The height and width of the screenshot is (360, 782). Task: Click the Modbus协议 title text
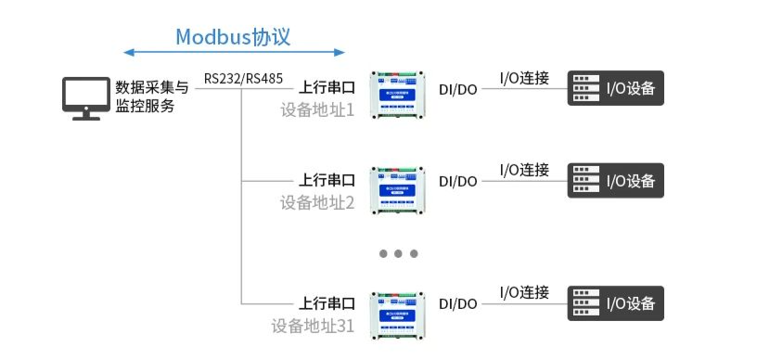pyautogui.click(x=233, y=36)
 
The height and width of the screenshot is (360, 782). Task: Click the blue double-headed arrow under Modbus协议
pyautogui.click(x=234, y=52)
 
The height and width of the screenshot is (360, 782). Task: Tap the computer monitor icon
pyautogui.click(x=86, y=97)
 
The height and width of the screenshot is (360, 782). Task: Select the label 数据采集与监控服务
pyautogui.click(x=152, y=96)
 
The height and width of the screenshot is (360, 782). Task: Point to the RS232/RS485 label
pyautogui.click(x=243, y=78)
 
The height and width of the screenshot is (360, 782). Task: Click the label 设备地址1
pyautogui.click(x=317, y=109)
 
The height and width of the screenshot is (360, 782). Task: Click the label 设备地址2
pyautogui.click(x=317, y=201)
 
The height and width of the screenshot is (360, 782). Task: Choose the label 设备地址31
pyautogui.click(x=313, y=325)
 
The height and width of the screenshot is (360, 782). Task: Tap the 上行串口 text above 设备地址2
pyautogui.click(x=327, y=180)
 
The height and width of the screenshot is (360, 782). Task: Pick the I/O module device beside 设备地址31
pyautogui.click(x=399, y=314)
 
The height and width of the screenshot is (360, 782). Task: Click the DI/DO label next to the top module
pyautogui.click(x=458, y=89)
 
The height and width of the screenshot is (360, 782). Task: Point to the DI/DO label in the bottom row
pyautogui.click(x=458, y=303)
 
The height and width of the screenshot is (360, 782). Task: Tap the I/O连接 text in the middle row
pyautogui.click(x=524, y=170)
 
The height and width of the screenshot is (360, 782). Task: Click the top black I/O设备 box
pyautogui.click(x=616, y=89)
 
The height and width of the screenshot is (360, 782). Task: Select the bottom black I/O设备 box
pyautogui.click(x=616, y=303)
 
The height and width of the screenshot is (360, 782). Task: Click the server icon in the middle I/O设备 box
pyautogui.click(x=584, y=181)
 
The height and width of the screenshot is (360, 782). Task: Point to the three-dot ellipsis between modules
pyautogui.click(x=399, y=253)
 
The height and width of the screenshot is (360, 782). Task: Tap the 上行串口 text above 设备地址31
pyautogui.click(x=327, y=303)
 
